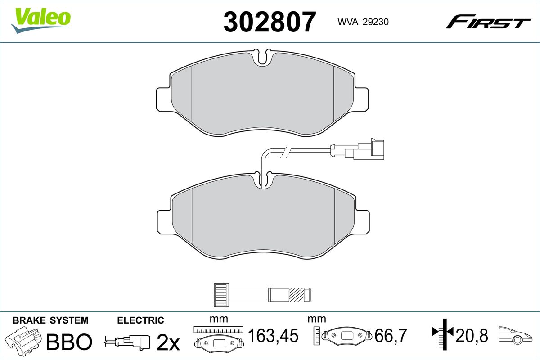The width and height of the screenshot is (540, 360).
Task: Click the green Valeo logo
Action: click(x=41, y=21)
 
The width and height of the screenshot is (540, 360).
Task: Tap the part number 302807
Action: click(x=270, y=22)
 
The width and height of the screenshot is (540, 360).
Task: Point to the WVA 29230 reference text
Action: click(x=363, y=22)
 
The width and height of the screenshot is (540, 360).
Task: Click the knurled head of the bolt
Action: click(x=221, y=295)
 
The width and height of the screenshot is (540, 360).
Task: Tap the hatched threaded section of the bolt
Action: click(x=297, y=295)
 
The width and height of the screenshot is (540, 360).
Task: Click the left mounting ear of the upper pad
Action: click(x=164, y=99)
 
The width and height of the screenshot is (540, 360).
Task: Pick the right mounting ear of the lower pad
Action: click(x=362, y=222)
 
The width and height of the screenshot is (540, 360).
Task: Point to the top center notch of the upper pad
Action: click(x=262, y=58)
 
